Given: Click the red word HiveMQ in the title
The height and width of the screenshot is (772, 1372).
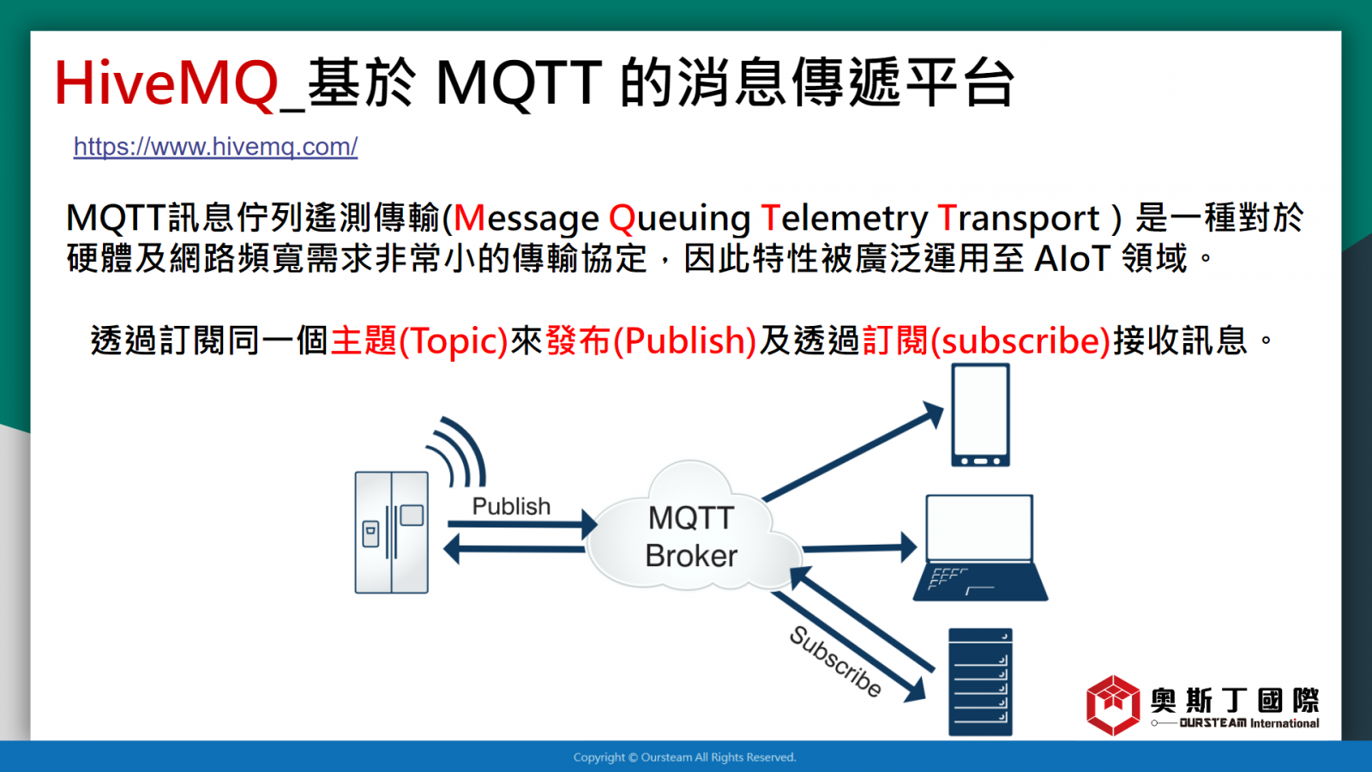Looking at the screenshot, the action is tap(166, 83).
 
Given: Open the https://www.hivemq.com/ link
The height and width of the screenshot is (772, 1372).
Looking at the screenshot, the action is tap(215, 147).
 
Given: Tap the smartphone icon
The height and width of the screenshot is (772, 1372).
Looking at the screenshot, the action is tap(980, 415).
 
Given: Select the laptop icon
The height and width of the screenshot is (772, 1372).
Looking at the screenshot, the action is tap(980, 548).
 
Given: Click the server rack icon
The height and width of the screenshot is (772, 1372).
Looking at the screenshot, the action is tap(980, 682).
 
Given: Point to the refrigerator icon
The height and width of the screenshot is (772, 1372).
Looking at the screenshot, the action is tap(391, 532).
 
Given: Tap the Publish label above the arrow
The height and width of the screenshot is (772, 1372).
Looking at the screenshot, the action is tap(511, 506).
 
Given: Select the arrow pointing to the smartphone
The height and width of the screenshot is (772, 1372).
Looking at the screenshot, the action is tap(852, 451).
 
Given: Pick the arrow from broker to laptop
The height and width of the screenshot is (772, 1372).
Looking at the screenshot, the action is tap(859, 547).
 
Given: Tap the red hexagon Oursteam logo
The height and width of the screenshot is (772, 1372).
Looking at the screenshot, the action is tap(1113, 705).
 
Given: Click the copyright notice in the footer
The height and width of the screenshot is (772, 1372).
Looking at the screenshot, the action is tap(685, 757).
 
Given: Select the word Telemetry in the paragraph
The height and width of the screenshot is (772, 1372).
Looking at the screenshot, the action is tap(845, 218).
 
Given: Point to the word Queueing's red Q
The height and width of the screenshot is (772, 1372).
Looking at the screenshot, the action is tap(623, 219).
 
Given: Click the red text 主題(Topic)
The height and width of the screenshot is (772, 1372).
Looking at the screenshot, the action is tap(419, 341).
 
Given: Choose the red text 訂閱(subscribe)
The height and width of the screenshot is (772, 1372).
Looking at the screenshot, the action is tap(986, 341).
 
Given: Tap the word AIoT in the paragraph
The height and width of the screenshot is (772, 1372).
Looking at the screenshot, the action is tap(1073, 258).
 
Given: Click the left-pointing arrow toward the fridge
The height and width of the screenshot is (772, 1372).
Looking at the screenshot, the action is tap(514, 549).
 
